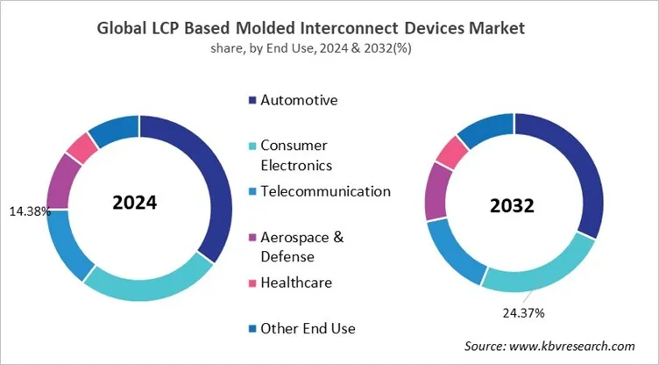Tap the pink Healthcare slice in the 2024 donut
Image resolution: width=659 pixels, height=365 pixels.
click(x=81, y=147)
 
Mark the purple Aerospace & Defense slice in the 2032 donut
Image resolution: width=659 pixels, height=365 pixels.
click(x=436, y=190)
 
